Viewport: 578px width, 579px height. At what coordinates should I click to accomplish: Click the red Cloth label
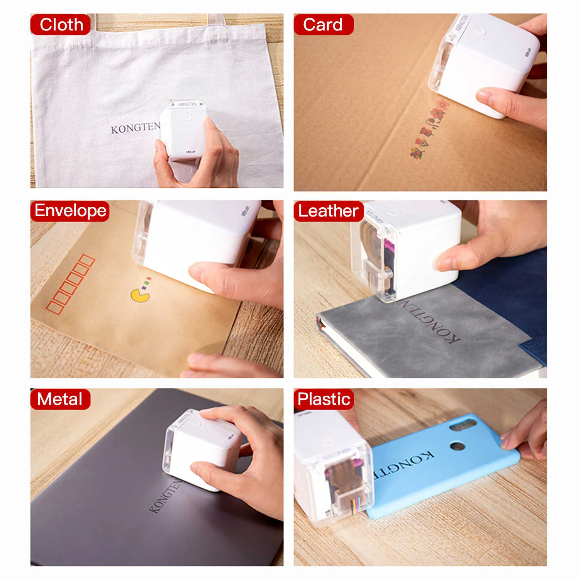[61, 25]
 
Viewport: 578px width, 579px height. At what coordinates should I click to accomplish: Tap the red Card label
[323, 25]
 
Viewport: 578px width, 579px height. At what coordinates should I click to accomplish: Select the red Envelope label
[70, 211]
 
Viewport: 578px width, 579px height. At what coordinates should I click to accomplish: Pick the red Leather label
[329, 211]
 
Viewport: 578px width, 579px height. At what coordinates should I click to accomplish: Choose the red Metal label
[60, 399]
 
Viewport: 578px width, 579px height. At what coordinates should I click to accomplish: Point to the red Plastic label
[324, 399]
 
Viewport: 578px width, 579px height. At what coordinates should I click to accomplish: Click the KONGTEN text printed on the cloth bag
[135, 128]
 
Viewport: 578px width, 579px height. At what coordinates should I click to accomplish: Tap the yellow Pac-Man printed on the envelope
[140, 295]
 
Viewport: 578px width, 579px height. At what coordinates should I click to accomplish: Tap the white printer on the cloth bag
[184, 129]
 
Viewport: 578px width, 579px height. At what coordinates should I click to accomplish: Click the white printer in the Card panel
[483, 58]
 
